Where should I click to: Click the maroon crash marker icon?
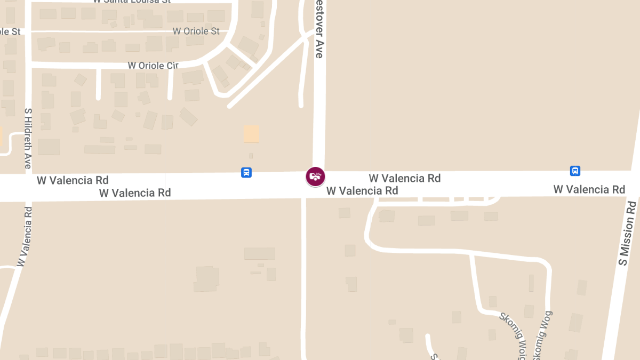click(315, 176)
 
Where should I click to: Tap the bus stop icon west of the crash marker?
click(246, 172)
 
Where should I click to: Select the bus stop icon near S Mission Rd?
click(575, 171)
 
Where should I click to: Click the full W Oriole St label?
click(196, 31)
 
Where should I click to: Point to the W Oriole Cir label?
click(153, 66)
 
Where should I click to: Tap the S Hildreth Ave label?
click(28, 138)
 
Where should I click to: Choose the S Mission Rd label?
click(627, 233)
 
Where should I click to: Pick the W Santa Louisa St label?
click(131, 2)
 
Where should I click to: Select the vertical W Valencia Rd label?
click(25, 236)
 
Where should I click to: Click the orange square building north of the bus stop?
click(251, 134)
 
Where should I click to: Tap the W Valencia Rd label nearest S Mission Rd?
click(589, 189)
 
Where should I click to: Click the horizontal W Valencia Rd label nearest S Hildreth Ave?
click(73, 180)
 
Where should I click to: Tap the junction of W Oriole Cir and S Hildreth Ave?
click(28, 65)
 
